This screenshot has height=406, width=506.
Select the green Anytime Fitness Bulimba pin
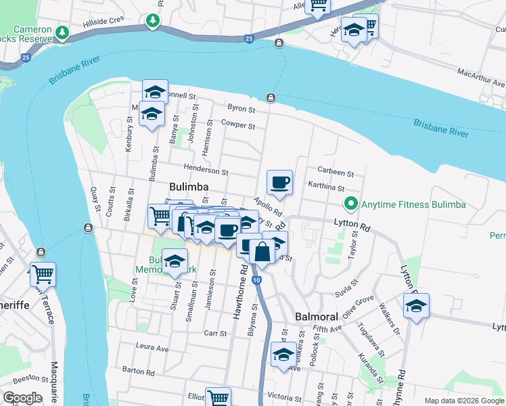pos(350,204)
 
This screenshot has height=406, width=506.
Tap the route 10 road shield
pos(256,279)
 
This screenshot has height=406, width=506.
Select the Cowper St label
pos(237,125)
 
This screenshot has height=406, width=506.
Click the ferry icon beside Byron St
pos(271,97)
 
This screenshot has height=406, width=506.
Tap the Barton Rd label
pos(139,370)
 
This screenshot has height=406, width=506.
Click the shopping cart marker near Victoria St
pos(218,398)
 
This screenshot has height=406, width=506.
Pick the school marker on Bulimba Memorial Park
pos(175,261)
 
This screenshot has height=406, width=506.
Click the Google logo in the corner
pos(22,398)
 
